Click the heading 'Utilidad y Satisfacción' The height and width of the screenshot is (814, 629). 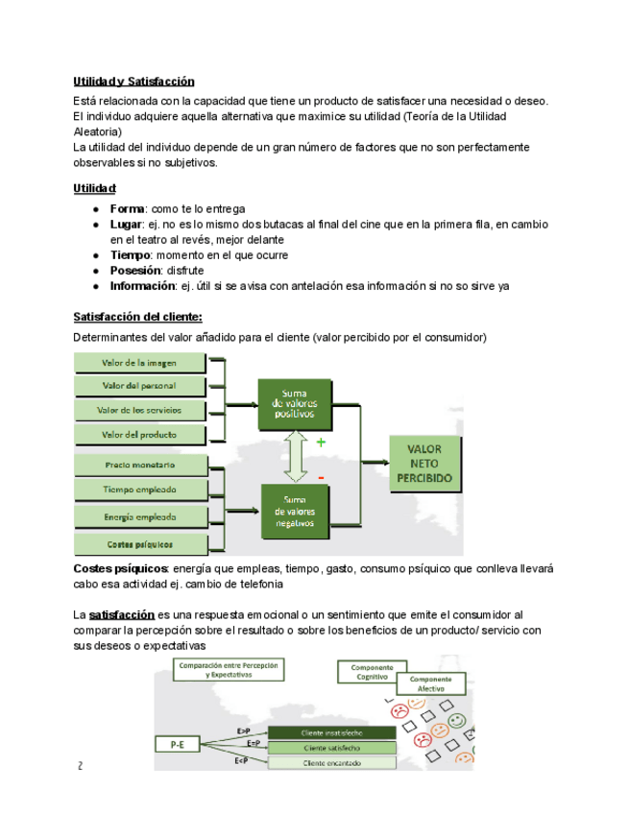[x=133, y=82]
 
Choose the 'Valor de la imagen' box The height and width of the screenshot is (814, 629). [x=140, y=363]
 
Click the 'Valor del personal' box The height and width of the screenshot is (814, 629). [x=140, y=386]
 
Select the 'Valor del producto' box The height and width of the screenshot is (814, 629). [x=140, y=434]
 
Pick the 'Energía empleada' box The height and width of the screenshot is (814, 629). [x=140, y=516]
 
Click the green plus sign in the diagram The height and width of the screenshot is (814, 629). [x=321, y=443]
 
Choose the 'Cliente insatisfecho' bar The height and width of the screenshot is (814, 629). [x=331, y=732]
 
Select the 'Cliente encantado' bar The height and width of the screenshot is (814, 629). [x=331, y=763]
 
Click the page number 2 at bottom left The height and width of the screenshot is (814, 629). [x=82, y=766]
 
